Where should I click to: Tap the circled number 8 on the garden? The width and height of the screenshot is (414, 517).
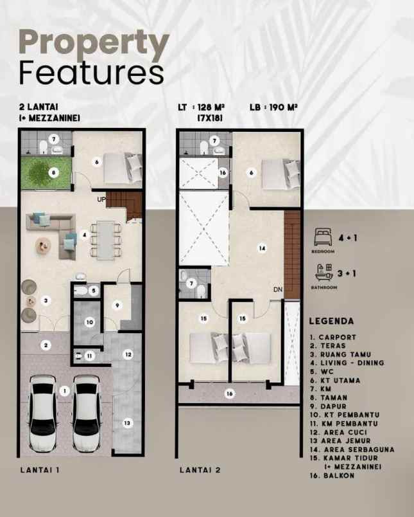53,172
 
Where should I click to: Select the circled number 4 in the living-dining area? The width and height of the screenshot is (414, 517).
85,235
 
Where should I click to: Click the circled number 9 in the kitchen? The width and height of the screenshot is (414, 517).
117,305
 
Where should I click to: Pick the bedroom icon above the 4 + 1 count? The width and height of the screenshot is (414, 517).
323,235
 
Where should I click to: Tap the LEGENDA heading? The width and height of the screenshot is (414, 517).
332,320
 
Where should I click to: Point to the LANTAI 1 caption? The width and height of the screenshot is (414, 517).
40,470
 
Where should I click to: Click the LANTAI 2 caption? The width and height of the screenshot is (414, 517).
200,470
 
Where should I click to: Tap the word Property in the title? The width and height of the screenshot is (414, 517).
94,44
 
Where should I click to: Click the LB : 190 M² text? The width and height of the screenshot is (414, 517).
275,107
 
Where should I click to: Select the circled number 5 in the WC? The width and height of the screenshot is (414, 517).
93,291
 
